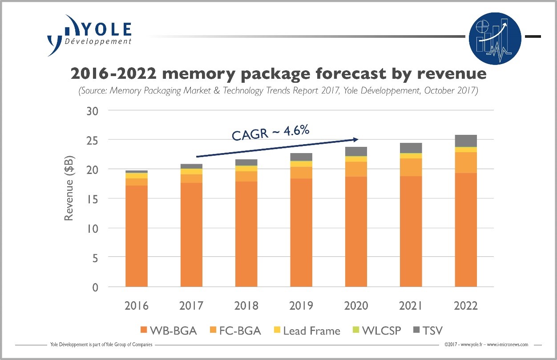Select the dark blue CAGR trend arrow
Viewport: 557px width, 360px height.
point(276,147)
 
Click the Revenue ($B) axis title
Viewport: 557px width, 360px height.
point(69,188)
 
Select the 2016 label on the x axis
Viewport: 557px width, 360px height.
point(137,306)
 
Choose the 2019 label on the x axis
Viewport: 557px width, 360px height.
point(301,306)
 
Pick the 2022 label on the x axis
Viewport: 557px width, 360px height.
point(465,306)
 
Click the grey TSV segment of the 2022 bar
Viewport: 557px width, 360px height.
point(466,141)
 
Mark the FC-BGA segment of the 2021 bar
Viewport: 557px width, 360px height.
point(411,167)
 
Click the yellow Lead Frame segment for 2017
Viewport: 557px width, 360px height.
point(191,171)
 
